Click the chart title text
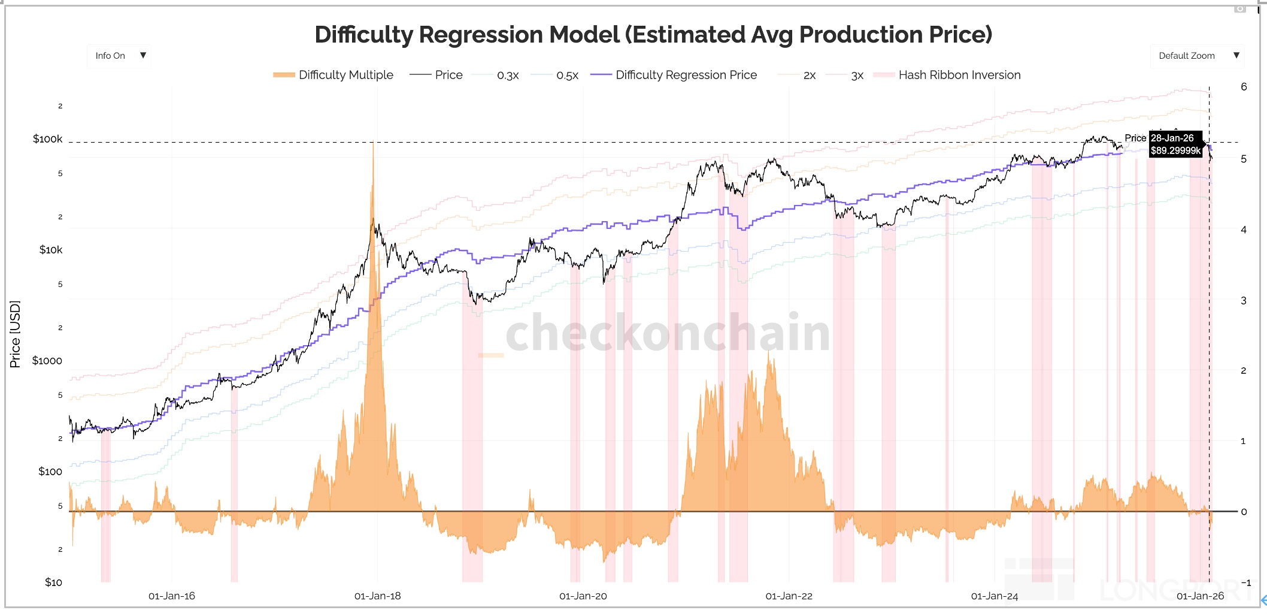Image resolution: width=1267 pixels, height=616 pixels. click(653, 35)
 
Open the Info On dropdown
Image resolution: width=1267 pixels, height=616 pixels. click(119, 56)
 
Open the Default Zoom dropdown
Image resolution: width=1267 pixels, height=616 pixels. click(1197, 56)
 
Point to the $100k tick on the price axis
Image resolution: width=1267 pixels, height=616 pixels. click(48, 139)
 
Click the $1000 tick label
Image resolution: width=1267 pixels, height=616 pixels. click(47, 361)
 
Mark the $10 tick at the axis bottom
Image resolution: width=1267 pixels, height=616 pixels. click(53, 582)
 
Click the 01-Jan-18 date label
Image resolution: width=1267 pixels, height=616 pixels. click(377, 596)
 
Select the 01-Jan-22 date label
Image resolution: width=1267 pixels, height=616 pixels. click(789, 596)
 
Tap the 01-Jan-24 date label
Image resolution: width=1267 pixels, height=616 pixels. click(994, 596)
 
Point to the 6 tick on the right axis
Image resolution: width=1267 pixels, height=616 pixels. click(1244, 87)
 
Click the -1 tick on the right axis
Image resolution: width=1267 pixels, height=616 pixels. click(1245, 582)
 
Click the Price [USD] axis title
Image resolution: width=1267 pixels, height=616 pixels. click(15, 334)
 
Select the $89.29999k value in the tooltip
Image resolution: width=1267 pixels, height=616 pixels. click(1175, 151)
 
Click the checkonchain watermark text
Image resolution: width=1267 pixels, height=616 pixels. click(668, 333)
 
